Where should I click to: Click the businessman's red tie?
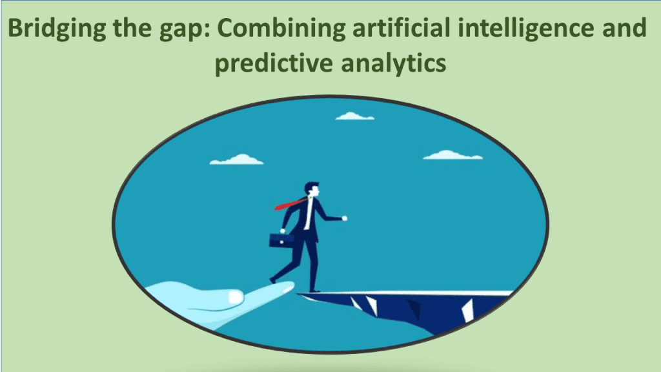[290, 203]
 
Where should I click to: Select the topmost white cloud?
[354, 116]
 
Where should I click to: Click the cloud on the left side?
[237, 159]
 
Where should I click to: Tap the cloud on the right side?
[453, 155]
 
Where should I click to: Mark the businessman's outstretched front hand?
[344, 218]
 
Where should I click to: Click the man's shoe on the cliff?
[314, 291]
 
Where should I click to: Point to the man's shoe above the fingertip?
[274, 280]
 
